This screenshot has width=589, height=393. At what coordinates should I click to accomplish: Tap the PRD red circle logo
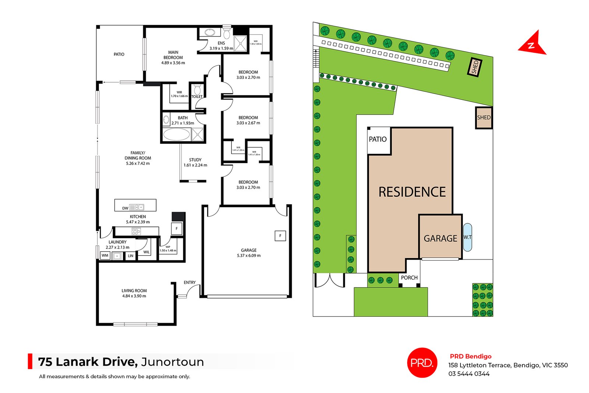coord(422,362)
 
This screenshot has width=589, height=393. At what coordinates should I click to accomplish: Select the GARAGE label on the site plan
coord(440,238)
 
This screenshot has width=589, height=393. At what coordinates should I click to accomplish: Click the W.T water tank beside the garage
coord(468,237)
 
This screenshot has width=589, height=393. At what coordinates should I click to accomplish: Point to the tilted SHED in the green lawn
coord(475,67)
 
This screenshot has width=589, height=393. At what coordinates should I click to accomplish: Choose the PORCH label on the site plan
coord(409,278)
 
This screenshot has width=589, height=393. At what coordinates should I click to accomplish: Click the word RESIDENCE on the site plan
coord(412,192)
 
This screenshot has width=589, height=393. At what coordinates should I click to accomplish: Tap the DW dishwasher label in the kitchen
coord(125,208)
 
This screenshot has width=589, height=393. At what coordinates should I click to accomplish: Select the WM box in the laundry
coord(105,255)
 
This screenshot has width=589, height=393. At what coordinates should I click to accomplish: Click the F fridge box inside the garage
coord(280,236)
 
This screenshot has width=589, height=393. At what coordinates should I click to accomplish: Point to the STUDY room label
coord(195,160)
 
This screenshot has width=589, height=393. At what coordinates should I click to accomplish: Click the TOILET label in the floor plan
coord(197,97)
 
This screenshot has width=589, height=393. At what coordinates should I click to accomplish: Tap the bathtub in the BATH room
coord(176,134)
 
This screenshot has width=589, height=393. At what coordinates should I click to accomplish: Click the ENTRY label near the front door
coord(190,283)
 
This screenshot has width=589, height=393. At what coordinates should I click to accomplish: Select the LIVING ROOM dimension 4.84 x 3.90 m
coord(134,296)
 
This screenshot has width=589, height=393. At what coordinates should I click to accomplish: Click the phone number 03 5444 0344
coord(469,373)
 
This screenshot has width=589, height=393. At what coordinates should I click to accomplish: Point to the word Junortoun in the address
coord(172,362)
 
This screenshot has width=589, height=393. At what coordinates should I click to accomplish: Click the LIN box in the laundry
coord(130,256)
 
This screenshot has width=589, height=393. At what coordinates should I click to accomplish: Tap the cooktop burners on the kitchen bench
coord(136,231)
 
